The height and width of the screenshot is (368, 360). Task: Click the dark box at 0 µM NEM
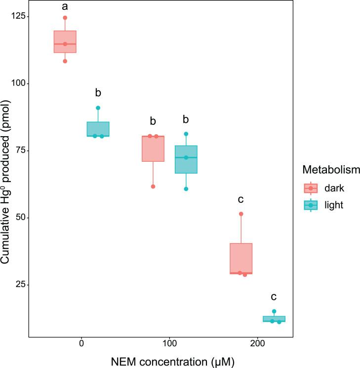[x=65, y=41]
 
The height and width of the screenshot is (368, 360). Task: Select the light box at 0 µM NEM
[x=98, y=129]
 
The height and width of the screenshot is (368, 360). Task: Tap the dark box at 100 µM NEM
[x=153, y=148]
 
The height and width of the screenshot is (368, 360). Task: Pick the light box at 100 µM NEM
[x=186, y=159]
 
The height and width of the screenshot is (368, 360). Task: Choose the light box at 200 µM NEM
[x=274, y=319]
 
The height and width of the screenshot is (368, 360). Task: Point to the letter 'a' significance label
[x=65, y=6]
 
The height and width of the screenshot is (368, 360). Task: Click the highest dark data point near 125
[x=65, y=18]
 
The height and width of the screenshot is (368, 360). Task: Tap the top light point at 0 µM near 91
[x=98, y=108]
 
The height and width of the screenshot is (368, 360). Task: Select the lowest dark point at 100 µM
[x=153, y=186]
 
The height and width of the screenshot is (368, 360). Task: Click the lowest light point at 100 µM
[x=186, y=189]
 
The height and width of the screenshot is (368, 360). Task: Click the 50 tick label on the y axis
[x=20, y=218]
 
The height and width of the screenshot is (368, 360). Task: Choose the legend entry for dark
[x=326, y=187]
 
